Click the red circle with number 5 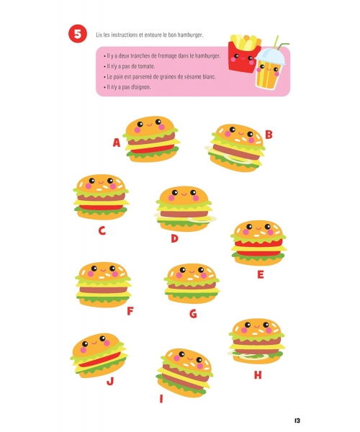(x=78, y=34)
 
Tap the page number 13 (x=297, y=420)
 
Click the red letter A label (x=117, y=143)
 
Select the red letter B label (x=269, y=135)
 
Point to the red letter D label (x=174, y=238)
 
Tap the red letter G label (x=194, y=313)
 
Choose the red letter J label (x=110, y=381)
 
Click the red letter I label (x=161, y=399)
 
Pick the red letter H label (x=258, y=375)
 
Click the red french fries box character (x=243, y=54)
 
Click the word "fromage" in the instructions (x=167, y=56)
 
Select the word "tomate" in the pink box (x=146, y=66)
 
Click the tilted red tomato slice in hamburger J (x=99, y=359)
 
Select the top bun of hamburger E (x=258, y=229)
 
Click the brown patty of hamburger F (x=104, y=290)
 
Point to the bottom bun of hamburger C (x=101, y=215)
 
